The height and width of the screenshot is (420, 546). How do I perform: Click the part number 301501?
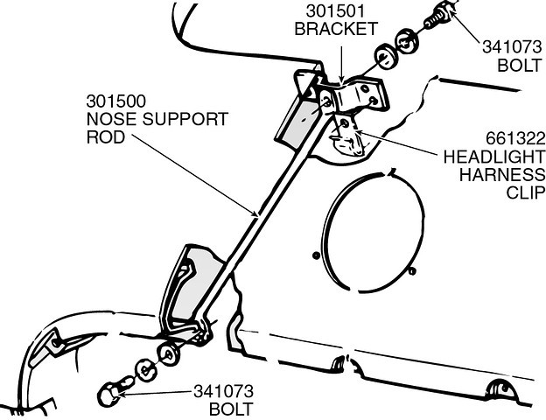coord(335,11)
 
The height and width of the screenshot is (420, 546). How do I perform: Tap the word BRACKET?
coord(336,29)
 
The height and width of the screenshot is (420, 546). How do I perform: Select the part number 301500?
coord(116,101)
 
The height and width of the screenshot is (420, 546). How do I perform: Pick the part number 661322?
coord(515,139)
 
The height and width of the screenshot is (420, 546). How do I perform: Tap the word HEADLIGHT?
coord(493,157)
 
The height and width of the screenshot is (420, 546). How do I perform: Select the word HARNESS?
coord(501,174)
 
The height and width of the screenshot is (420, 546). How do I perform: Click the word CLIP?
coord(526,192)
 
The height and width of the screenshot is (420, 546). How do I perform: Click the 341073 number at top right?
coord(512,47)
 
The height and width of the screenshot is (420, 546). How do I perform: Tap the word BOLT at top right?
coord(520,65)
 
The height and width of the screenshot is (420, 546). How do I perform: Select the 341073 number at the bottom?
coord(223,391)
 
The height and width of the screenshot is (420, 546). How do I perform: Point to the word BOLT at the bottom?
coord(231,409)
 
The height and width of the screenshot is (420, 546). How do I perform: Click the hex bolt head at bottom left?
coord(108,395)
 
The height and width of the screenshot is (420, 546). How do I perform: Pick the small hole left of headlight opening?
coord(316,255)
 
